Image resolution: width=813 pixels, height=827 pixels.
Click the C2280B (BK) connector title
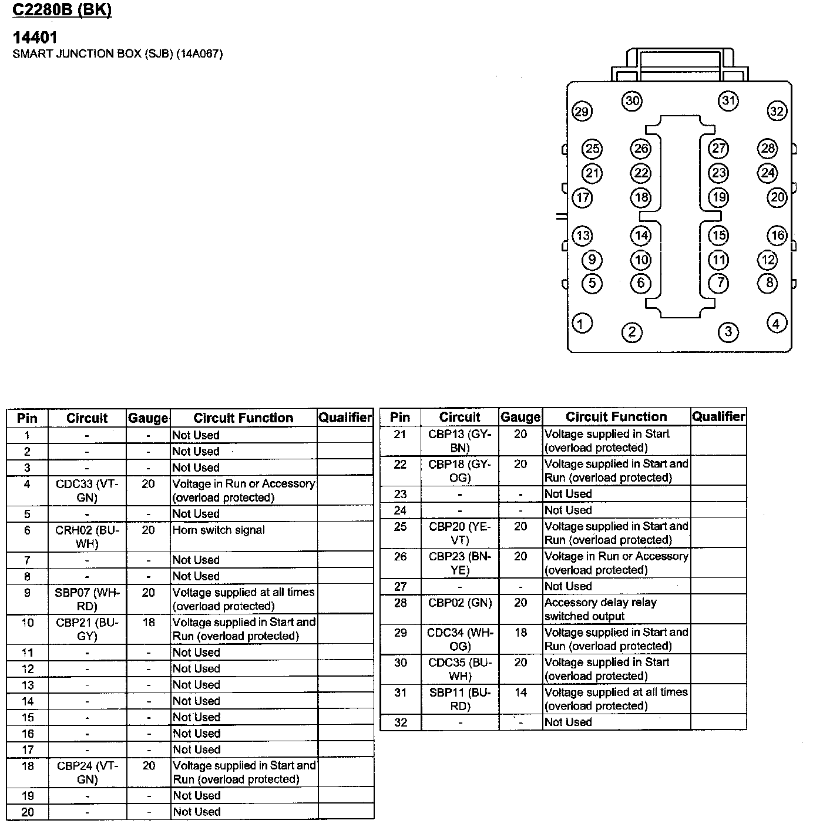(62, 11)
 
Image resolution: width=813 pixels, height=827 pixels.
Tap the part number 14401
(35, 38)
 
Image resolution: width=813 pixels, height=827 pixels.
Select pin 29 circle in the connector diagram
(582, 112)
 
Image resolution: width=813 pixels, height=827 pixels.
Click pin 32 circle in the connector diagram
(777, 111)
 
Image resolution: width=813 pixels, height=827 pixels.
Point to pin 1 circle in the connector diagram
(582, 323)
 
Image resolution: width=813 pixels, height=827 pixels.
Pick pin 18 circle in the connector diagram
(641, 197)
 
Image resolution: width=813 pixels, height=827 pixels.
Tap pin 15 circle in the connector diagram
(718, 236)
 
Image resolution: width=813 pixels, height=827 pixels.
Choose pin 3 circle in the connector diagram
(728, 332)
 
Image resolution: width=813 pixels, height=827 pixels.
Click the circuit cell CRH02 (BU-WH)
(87, 537)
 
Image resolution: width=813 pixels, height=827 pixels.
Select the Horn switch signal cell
(219, 530)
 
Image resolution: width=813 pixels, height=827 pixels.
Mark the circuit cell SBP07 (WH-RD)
(87, 599)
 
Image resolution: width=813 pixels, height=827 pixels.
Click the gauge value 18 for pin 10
(149, 622)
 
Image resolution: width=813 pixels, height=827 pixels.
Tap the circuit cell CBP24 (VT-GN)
(87, 772)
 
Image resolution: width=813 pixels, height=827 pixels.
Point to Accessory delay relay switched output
(600, 609)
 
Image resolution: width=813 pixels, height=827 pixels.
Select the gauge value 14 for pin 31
(520, 692)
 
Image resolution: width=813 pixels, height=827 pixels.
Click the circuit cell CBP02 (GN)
(460, 603)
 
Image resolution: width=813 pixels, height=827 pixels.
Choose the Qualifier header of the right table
(718, 416)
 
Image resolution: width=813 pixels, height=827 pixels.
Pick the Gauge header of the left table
(148, 418)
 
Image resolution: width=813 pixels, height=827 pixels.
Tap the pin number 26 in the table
(400, 556)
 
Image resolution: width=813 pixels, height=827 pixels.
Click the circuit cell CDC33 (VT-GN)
(87, 490)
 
